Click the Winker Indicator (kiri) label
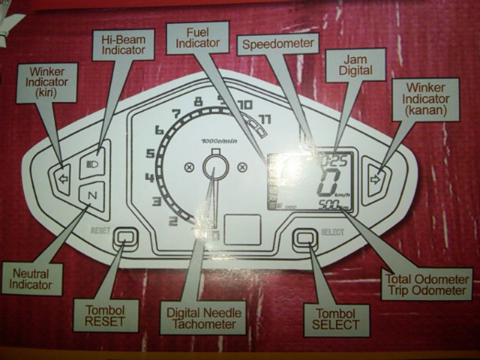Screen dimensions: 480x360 [46, 82]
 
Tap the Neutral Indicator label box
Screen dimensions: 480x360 [31, 277]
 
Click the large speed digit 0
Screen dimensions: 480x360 [328, 183]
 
